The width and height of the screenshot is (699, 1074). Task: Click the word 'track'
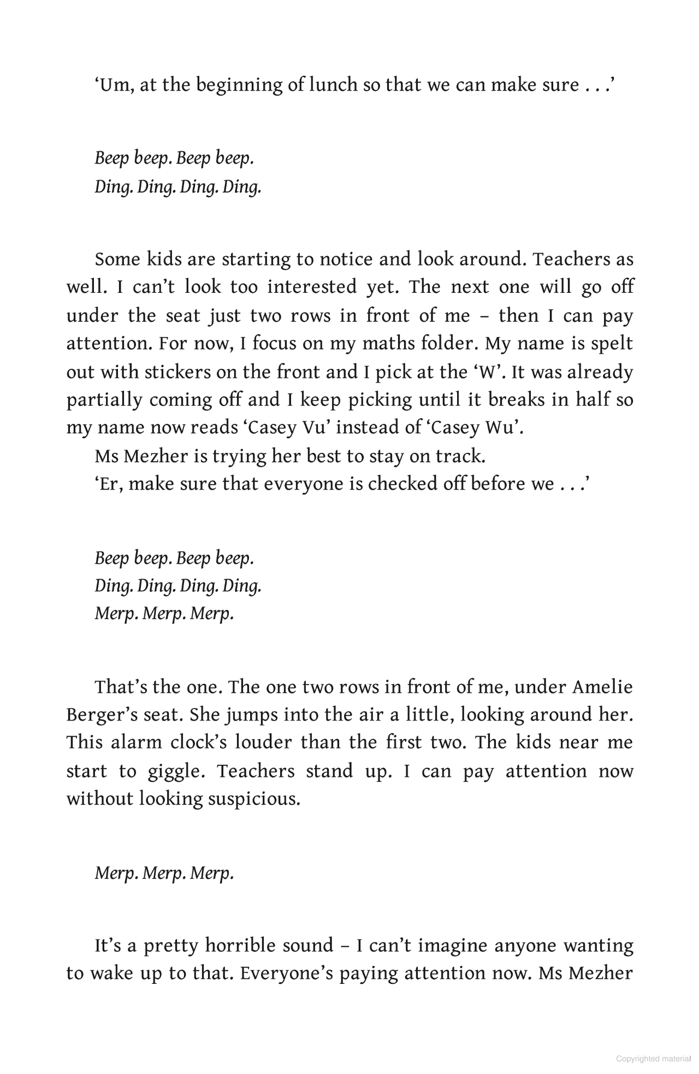pos(460,456)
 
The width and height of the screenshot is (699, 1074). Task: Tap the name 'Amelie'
pos(602,687)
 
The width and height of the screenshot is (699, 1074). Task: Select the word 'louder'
pos(263,743)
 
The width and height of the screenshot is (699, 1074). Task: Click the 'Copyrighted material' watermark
pos(653,1059)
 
